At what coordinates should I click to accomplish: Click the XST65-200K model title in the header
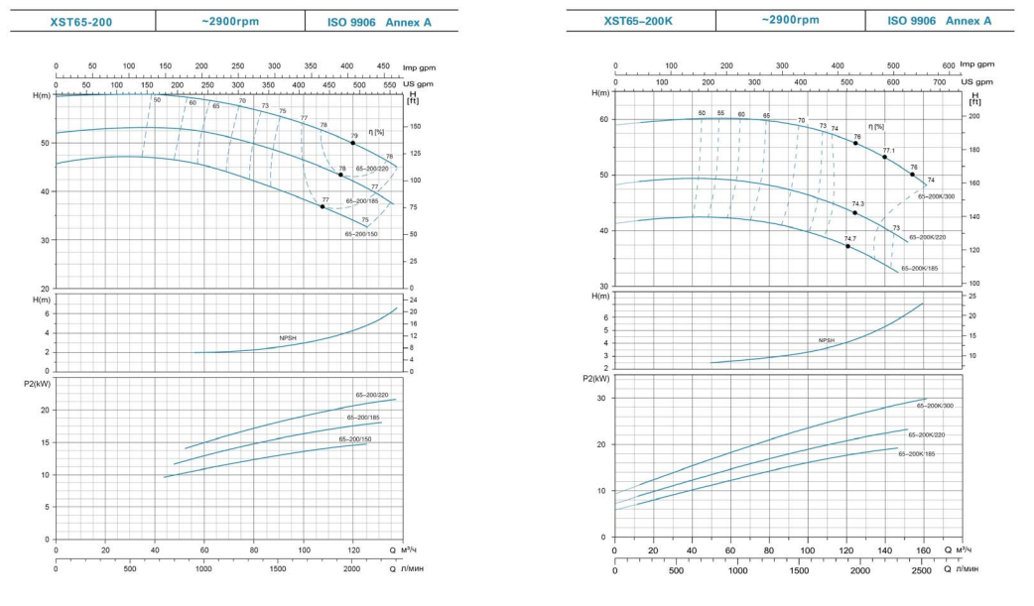(639, 20)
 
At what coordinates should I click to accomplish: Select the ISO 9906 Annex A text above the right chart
(939, 20)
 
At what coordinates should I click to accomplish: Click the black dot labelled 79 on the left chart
(353, 143)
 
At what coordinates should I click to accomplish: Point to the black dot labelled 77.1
(885, 157)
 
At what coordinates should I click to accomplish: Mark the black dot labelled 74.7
(848, 246)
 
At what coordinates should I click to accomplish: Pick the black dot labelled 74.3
(854, 212)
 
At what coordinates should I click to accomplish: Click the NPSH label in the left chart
(288, 338)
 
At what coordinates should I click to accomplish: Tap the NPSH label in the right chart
(827, 340)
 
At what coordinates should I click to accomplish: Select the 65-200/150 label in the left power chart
(355, 438)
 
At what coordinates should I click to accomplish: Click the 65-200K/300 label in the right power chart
(934, 406)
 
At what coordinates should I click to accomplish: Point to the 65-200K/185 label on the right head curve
(920, 269)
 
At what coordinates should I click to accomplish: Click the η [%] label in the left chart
(376, 132)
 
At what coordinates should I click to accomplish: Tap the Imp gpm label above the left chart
(419, 67)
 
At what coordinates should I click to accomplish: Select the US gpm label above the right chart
(976, 81)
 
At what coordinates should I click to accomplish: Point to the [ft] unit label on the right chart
(973, 102)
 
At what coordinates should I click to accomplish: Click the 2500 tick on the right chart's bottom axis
(921, 570)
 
